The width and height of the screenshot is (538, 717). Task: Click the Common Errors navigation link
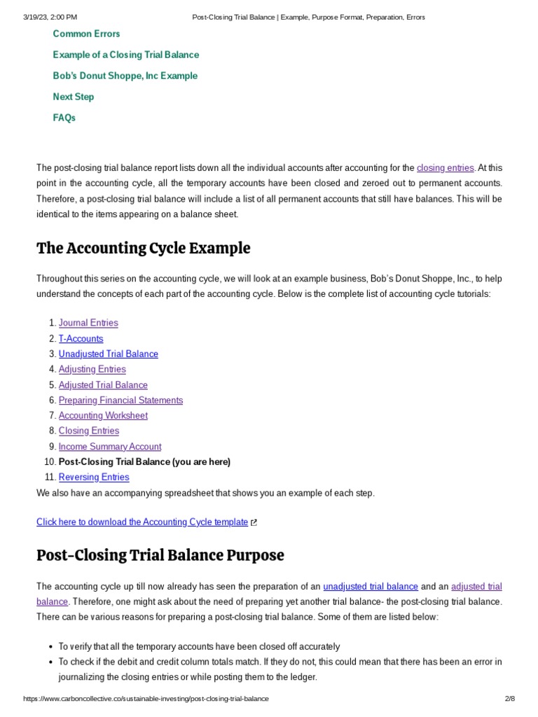point(86,34)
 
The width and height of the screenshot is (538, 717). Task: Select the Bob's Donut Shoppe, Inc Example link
point(125,76)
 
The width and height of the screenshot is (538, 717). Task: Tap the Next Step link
point(73,97)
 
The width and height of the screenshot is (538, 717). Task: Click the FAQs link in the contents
point(64,118)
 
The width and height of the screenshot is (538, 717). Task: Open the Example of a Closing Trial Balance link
point(125,55)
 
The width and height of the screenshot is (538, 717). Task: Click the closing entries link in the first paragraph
point(445,168)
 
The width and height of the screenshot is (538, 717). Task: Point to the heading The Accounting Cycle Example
point(143,249)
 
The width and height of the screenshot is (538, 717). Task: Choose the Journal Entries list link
point(88,323)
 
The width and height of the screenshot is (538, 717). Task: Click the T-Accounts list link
point(81,339)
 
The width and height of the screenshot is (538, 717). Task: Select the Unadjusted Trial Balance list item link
point(108,354)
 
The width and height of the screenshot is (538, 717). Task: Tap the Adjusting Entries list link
point(92,370)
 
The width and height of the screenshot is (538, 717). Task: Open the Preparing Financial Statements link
point(120,401)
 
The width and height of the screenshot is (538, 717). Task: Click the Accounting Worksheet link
point(103,416)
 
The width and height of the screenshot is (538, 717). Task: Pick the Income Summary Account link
point(109,447)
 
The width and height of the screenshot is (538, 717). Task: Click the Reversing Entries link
point(94,478)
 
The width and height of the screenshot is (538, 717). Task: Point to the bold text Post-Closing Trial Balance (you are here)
point(144,462)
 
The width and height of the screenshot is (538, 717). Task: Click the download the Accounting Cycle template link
point(142,522)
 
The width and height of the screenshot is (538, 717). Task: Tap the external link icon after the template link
point(254,522)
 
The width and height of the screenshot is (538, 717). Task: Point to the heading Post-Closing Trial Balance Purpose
point(160,555)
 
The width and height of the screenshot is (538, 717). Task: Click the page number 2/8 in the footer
point(509,699)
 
